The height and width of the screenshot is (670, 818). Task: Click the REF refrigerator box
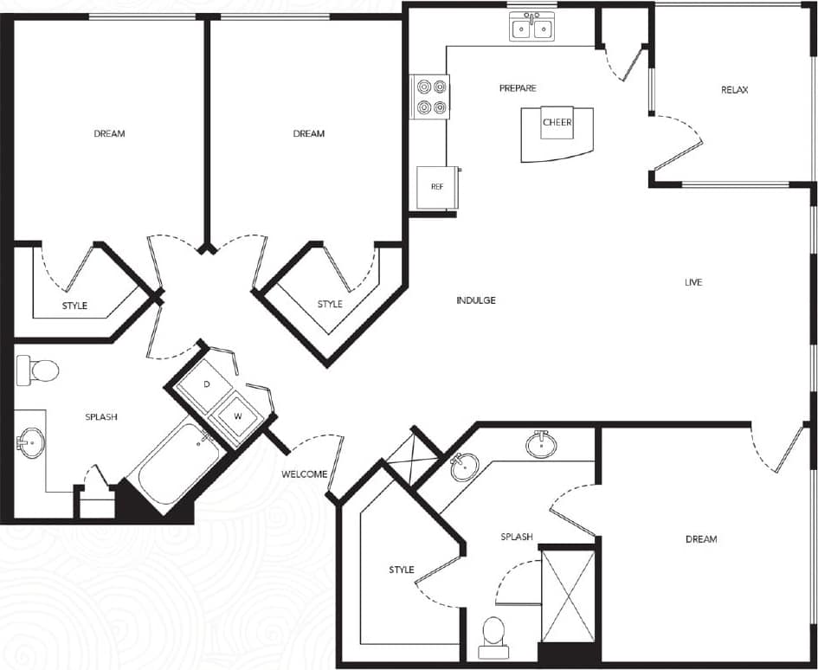[x=436, y=187]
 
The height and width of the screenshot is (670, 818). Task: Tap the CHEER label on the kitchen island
[x=557, y=123]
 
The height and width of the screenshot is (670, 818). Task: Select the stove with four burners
[x=431, y=96]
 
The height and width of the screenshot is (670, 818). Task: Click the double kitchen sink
[x=532, y=29]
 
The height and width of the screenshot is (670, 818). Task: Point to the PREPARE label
[x=518, y=88]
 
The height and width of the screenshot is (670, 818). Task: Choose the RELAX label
[x=734, y=90]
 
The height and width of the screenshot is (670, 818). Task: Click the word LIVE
[x=692, y=283]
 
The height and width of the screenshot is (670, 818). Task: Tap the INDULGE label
[x=476, y=300]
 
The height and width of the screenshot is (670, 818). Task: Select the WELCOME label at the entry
[x=305, y=474]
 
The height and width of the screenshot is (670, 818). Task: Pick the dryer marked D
[x=206, y=383]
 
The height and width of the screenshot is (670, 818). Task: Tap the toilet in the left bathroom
[x=38, y=370]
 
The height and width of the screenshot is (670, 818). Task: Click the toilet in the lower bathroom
[x=493, y=630]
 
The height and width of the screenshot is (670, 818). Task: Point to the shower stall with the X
[x=568, y=596]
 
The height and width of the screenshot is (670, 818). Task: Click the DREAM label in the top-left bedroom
[x=109, y=133]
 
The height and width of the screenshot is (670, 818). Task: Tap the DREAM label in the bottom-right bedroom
[x=701, y=539]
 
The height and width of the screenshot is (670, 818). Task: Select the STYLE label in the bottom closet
[x=401, y=570]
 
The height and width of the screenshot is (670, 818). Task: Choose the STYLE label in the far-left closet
[x=74, y=306]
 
